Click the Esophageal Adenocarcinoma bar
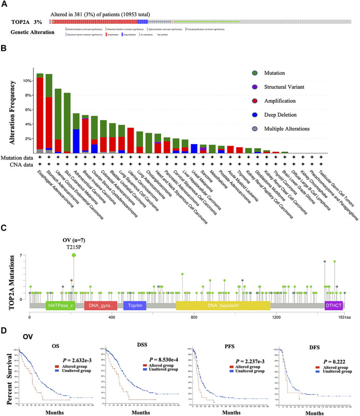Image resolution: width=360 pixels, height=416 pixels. pyautogui.click(x=40, y=114)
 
